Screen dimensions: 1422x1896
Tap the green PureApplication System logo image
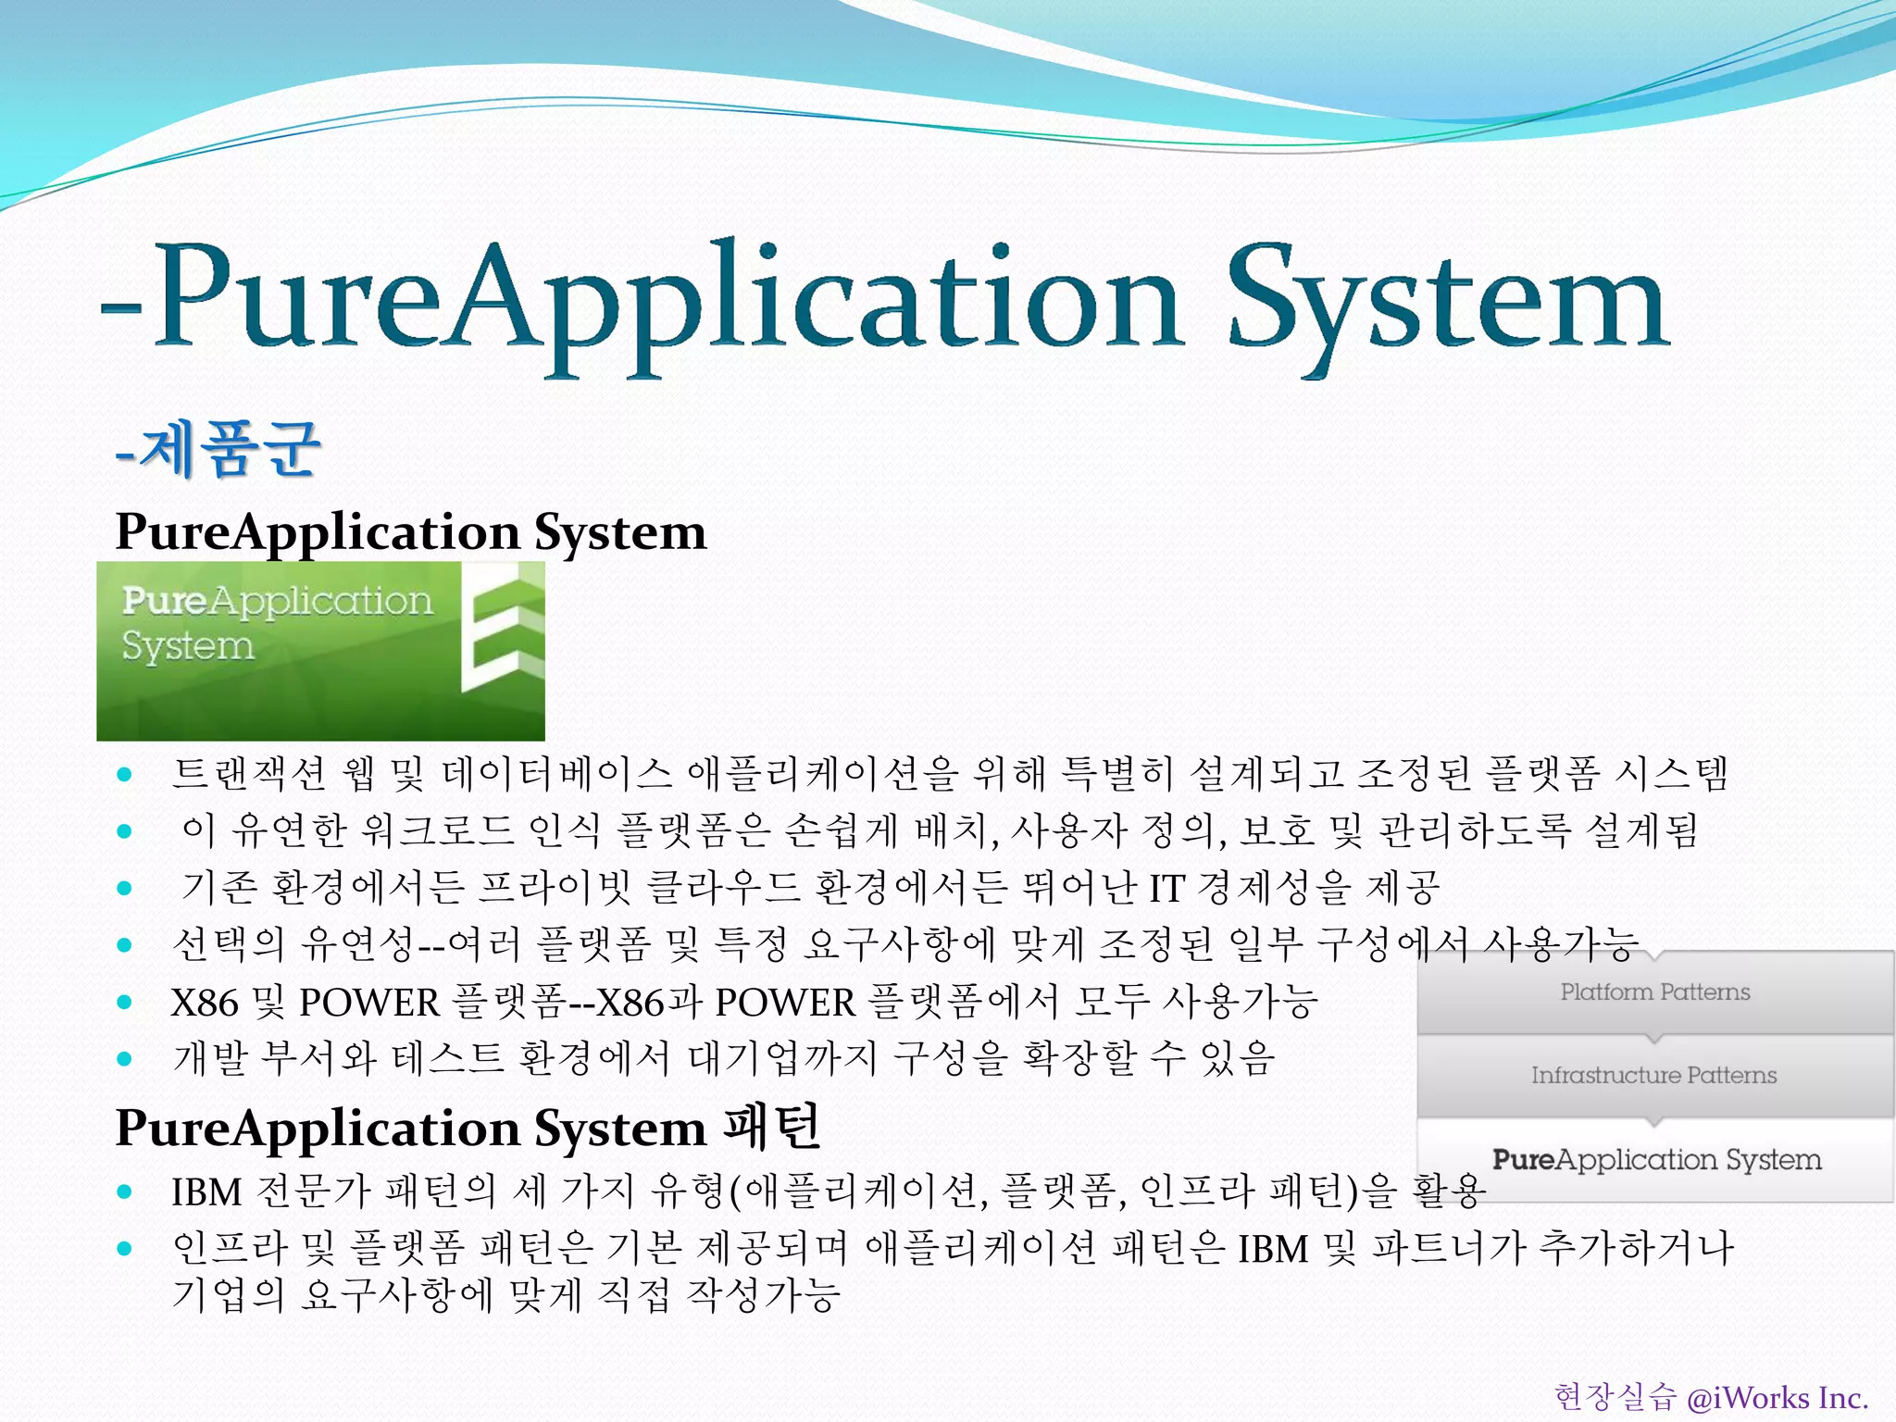pos(320,651)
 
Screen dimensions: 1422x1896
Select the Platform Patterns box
pos(1654,992)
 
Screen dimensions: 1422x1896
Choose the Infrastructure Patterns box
pos(1654,1076)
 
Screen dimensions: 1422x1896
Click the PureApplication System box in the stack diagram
pos(1656,1159)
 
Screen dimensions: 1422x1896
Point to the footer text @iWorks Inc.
pos(1777,1397)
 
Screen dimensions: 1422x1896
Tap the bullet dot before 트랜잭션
pos(125,775)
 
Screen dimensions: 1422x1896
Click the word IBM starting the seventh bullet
pos(206,1192)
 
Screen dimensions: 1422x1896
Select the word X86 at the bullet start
pos(204,1003)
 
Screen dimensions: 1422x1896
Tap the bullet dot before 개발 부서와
pos(125,1059)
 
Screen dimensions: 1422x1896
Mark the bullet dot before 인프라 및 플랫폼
pos(125,1249)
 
